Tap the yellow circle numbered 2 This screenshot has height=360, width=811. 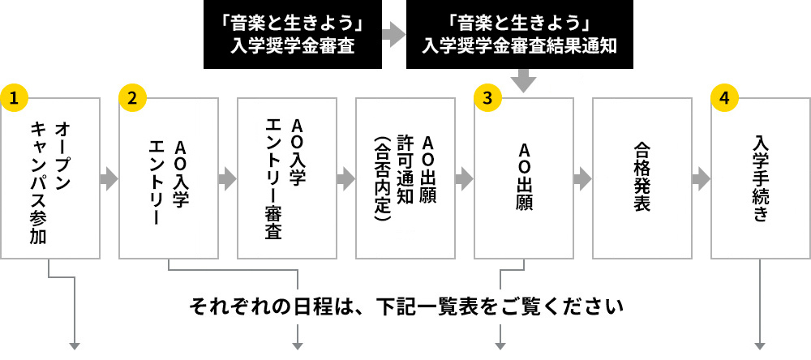click(x=133, y=96)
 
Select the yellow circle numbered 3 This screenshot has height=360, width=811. click(x=487, y=96)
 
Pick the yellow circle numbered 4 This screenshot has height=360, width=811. click(x=724, y=96)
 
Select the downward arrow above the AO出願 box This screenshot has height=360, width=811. click(x=524, y=81)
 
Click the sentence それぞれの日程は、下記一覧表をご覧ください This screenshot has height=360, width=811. click(x=405, y=307)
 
